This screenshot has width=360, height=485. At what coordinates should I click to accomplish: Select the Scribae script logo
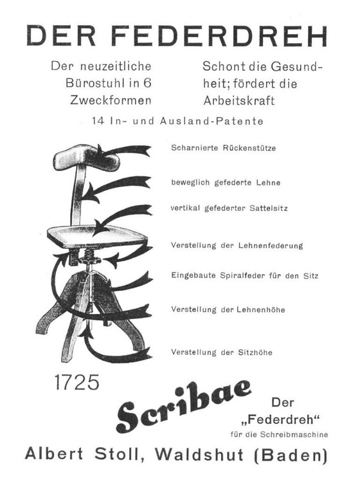tap(183, 407)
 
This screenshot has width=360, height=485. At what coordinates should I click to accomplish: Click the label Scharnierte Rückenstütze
tap(224, 149)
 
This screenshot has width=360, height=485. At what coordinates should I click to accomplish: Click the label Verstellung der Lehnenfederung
tap(237, 246)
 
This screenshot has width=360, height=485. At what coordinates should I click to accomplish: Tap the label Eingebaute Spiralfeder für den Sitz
tap(245, 276)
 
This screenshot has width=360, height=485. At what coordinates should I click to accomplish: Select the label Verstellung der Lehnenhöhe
tap(228, 309)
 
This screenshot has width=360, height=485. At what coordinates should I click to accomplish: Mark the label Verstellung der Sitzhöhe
tap(222, 352)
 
